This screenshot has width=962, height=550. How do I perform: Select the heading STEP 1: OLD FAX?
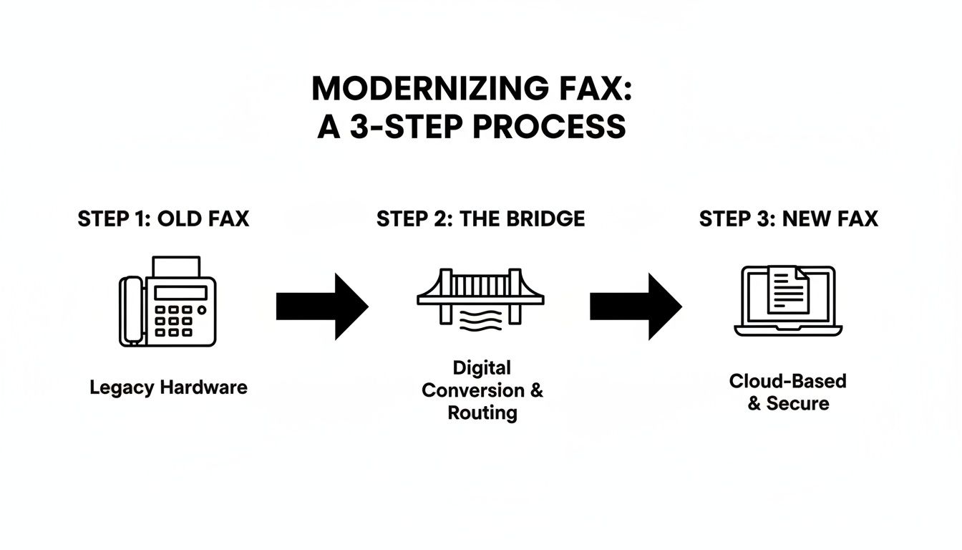pyautogui.click(x=163, y=219)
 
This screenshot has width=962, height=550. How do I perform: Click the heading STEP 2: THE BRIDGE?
pyautogui.click(x=480, y=219)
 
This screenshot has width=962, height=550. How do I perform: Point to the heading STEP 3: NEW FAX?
pyautogui.click(x=788, y=219)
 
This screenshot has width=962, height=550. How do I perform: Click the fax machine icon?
pyautogui.click(x=167, y=302)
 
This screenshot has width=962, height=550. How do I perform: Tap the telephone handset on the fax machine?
pyautogui.click(x=130, y=311)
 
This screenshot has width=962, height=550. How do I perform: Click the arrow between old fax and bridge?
pyautogui.click(x=322, y=307)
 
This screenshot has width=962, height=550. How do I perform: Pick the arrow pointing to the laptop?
pyautogui.click(x=636, y=307)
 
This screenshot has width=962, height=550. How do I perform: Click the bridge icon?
pyautogui.click(x=480, y=290)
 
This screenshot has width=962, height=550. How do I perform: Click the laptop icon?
pyautogui.click(x=788, y=301)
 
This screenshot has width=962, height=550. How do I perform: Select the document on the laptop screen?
pyautogui.click(x=788, y=289)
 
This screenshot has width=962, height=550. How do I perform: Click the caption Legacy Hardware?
pyautogui.click(x=168, y=388)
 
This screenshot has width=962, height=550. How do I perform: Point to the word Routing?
pyautogui.click(x=482, y=413)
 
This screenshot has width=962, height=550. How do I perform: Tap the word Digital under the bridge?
pyautogui.click(x=482, y=368)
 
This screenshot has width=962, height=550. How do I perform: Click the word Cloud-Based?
pyautogui.click(x=787, y=381)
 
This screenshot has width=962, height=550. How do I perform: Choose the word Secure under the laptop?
pyautogui.click(x=797, y=403)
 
